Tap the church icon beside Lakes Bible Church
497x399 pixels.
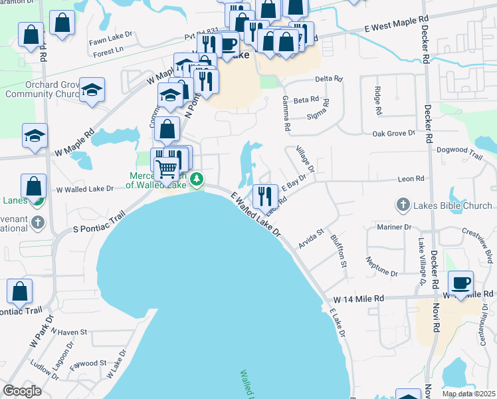point(403,205)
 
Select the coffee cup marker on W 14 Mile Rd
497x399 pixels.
point(461,283)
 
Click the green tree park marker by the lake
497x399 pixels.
point(196,179)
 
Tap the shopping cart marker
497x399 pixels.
point(167,170)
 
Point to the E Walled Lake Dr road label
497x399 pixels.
point(256,215)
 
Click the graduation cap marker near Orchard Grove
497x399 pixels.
point(92,89)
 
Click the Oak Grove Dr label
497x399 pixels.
point(393,133)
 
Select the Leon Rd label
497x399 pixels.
point(410,179)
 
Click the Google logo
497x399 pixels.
point(23,391)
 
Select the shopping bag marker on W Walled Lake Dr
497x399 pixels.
point(33,186)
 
